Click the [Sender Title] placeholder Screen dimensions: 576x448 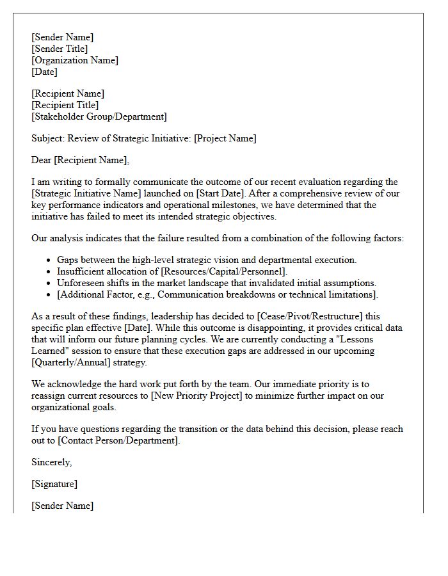click(60, 49)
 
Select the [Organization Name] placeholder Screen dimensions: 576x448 click(75, 60)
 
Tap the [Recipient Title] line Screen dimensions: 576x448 click(65, 105)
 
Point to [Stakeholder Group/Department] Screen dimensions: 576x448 click(99, 116)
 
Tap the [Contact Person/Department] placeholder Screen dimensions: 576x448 click(118, 440)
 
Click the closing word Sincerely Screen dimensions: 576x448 click(51, 462)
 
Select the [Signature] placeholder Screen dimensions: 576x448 click(54, 484)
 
